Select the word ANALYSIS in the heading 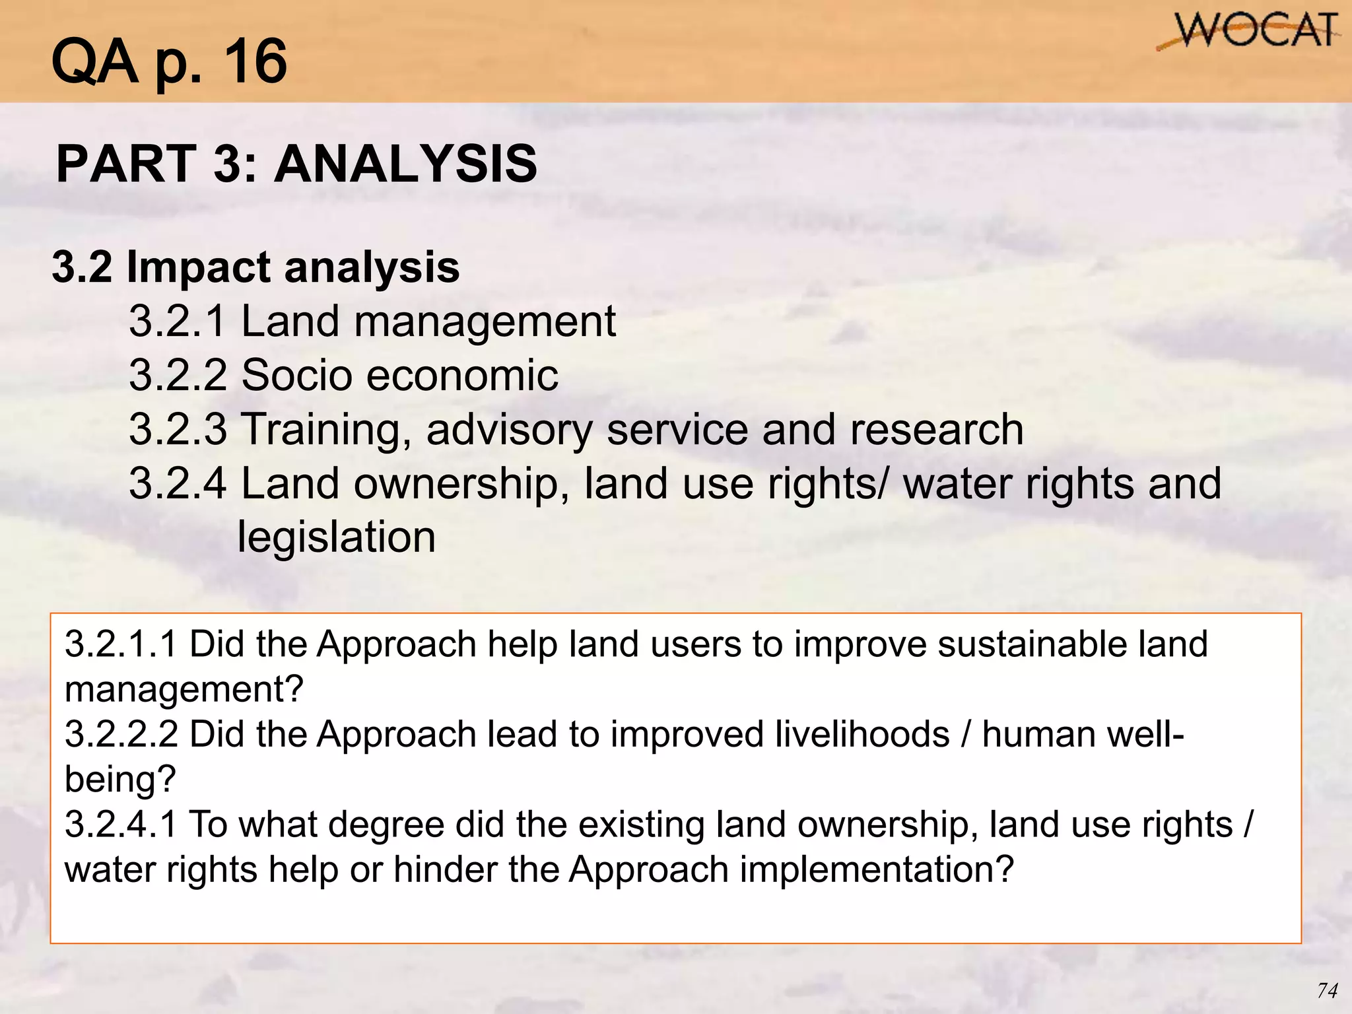click(x=405, y=164)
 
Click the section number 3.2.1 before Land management click(x=178, y=321)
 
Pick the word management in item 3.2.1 click(x=485, y=322)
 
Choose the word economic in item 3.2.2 click(x=462, y=375)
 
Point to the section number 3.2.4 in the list click(x=178, y=483)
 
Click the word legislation click(x=336, y=537)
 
